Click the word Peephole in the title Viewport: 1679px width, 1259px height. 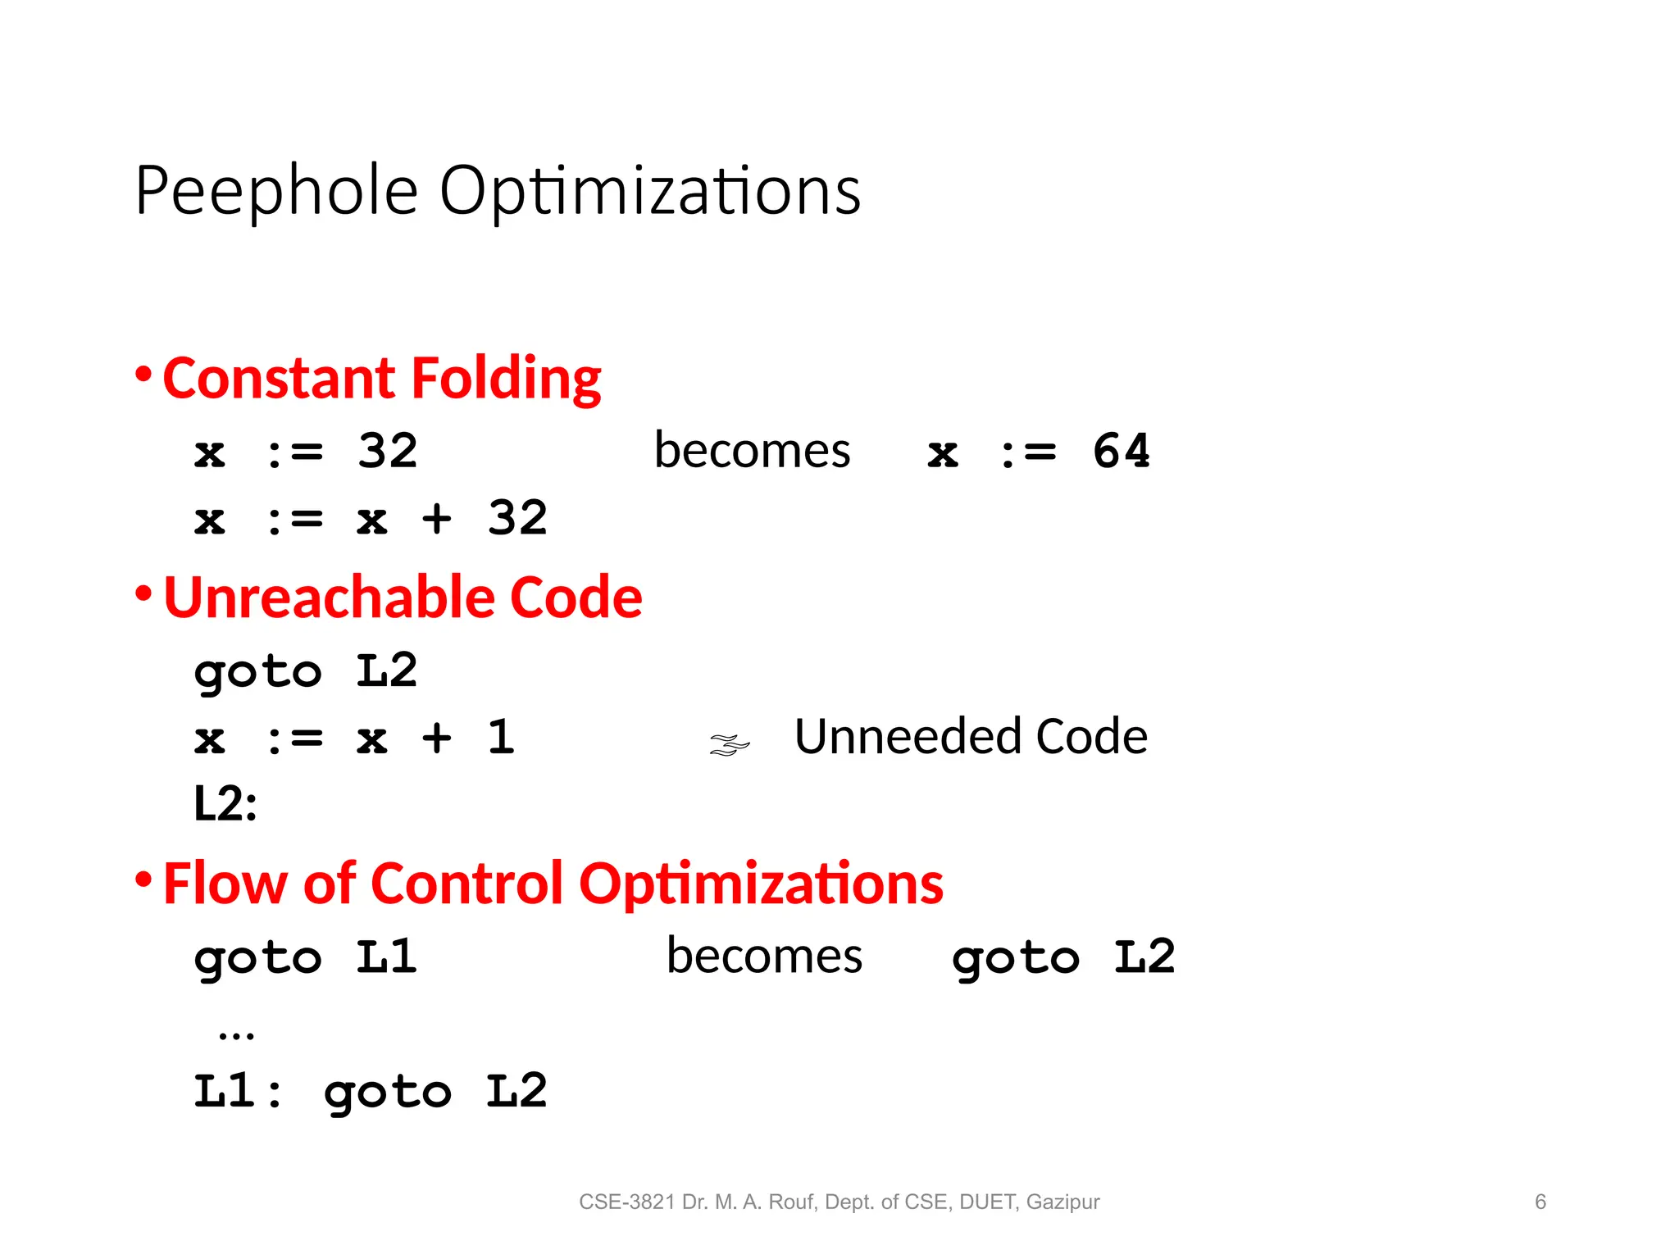coord(277,191)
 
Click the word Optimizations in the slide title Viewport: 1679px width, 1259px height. coord(649,191)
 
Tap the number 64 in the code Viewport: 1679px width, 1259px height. coord(1122,451)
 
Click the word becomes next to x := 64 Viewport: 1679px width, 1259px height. coord(752,451)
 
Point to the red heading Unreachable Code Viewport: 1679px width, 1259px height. coord(403,597)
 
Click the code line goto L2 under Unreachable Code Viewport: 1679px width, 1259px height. coord(306,671)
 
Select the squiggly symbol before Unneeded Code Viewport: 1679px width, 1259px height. coord(729,744)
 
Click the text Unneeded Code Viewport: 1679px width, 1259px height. coord(971,736)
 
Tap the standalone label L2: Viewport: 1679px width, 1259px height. coord(225,803)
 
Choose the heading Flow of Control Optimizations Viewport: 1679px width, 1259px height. coord(553,884)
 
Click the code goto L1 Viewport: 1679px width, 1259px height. coord(306,957)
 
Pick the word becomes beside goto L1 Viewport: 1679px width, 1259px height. coord(764,956)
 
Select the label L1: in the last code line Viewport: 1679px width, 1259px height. coord(238,1091)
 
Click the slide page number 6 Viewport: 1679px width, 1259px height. coord(1540,1202)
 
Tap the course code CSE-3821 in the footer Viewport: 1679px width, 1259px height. coord(627,1202)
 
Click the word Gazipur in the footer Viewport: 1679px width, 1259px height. coord(1062,1202)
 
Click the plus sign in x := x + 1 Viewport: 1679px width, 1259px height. coord(437,737)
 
